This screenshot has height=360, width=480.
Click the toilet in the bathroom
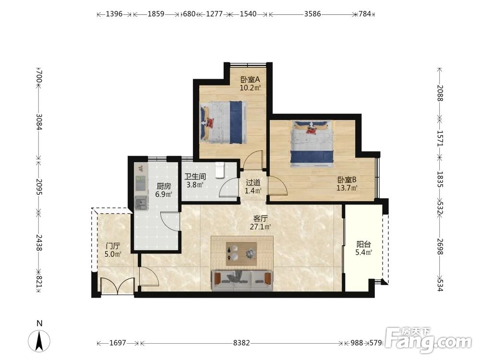click(220, 170)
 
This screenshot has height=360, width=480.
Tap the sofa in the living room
click(242, 280)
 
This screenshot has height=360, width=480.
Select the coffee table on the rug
click(241, 254)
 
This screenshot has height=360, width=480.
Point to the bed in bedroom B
click(312, 144)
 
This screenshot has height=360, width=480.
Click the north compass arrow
click(39, 341)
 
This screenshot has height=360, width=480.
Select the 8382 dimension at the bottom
click(241, 343)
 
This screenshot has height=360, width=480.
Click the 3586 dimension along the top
click(312, 14)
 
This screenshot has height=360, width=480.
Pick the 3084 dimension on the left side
click(39, 122)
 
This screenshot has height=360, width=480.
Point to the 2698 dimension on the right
click(440, 246)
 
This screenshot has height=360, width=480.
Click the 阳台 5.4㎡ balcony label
click(364, 248)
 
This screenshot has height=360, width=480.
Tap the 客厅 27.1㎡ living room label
click(261, 223)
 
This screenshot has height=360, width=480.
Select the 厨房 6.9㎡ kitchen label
click(164, 190)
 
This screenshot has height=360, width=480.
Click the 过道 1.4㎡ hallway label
click(253, 186)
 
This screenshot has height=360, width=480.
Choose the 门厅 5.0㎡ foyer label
click(113, 250)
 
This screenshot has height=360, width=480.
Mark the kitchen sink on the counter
click(141, 203)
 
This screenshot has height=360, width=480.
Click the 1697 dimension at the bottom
click(118, 343)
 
